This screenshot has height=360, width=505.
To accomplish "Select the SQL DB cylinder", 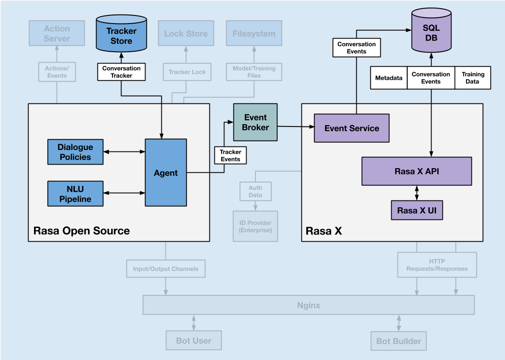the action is [x=431, y=30].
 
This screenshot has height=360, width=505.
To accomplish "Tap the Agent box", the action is [x=166, y=173].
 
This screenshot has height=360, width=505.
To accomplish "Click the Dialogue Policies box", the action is [x=75, y=152].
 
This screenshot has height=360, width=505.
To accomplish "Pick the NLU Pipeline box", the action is [x=75, y=194].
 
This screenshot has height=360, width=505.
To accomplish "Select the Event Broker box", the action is [x=255, y=122].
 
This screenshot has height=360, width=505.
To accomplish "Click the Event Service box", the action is [x=352, y=128].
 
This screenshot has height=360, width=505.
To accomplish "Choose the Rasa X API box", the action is [x=417, y=171].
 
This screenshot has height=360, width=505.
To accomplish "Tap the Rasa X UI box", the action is [x=417, y=210].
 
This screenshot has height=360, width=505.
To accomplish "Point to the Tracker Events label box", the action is [x=231, y=155].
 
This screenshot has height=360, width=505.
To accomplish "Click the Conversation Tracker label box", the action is [x=121, y=72].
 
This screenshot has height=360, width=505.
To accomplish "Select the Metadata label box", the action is [x=389, y=78].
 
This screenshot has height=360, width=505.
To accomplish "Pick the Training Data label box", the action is [x=473, y=78].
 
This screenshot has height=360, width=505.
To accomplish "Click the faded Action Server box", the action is [x=57, y=33].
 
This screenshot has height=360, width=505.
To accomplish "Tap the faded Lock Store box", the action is [x=186, y=33].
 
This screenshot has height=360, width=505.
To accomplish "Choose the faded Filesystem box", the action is [x=254, y=33].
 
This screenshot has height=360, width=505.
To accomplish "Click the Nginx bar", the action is [x=309, y=305].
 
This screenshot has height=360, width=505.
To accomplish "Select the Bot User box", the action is [x=194, y=341].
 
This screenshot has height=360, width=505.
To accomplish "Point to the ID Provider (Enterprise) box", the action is [x=255, y=226].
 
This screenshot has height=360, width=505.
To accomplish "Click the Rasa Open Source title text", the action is [x=82, y=231].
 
